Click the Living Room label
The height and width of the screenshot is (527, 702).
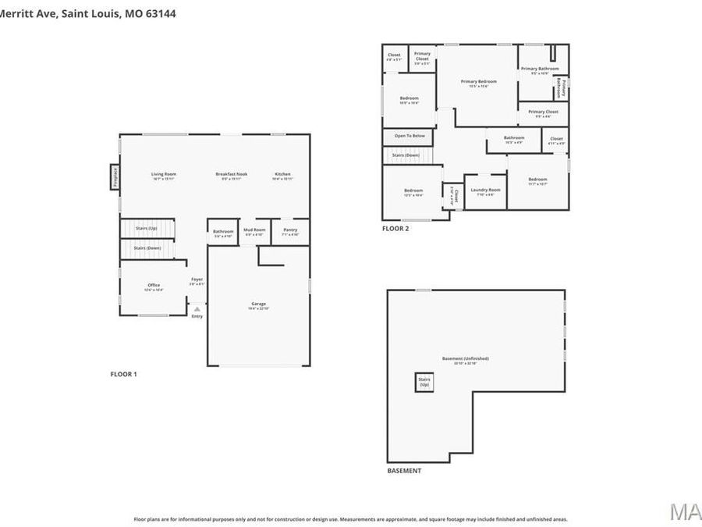(x=164, y=174)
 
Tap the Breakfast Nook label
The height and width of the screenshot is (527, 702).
(x=232, y=174)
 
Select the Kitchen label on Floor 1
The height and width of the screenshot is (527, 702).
(x=282, y=174)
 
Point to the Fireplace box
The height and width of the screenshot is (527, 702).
(x=114, y=176)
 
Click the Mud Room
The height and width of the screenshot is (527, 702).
(x=254, y=231)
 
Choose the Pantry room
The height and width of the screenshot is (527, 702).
(x=290, y=231)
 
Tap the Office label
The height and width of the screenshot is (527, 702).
(x=154, y=286)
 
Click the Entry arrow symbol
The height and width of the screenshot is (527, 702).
(x=197, y=309)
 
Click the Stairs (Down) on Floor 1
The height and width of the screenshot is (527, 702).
(x=147, y=248)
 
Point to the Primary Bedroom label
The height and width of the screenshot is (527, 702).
(x=478, y=82)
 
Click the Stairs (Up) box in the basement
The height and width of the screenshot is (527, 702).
(x=424, y=383)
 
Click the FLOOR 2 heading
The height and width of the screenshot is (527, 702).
(x=395, y=229)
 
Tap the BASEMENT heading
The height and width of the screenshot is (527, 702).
(x=404, y=471)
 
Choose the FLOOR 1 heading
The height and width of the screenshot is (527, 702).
(x=123, y=374)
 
